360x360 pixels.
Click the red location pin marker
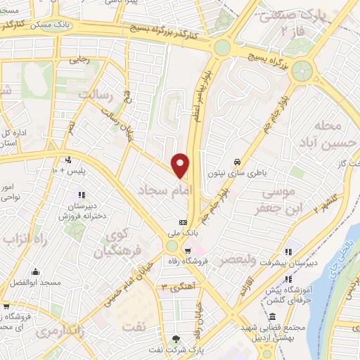(181, 165)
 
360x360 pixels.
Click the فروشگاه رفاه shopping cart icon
(188, 250)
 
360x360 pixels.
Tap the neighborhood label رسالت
(95, 94)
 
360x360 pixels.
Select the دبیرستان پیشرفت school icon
(288, 250)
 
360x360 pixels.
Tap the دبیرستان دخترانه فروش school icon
(82, 195)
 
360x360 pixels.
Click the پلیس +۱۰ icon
(67, 159)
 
